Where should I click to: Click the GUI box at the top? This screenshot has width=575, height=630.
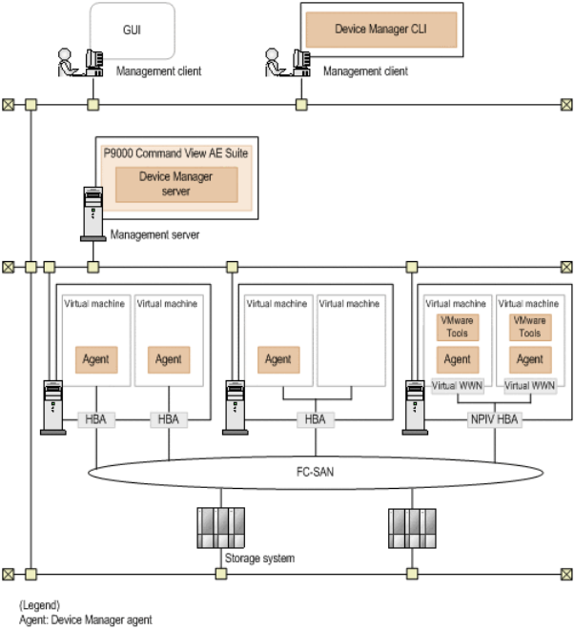(132, 30)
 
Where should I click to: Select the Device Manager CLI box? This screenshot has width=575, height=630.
(380, 30)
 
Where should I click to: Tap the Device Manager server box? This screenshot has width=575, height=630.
(175, 184)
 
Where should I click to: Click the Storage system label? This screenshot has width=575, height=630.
(258, 558)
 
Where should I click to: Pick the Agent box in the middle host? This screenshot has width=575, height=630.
(277, 359)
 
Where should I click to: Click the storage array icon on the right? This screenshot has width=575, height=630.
(412, 526)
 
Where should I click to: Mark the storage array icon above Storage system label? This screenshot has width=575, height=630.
(220, 526)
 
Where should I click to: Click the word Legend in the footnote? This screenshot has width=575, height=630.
(41, 605)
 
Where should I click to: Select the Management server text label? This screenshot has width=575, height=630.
(154, 234)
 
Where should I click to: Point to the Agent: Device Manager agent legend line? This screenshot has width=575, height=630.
(86, 620)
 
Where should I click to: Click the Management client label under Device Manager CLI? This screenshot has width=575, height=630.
(365, 71)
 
